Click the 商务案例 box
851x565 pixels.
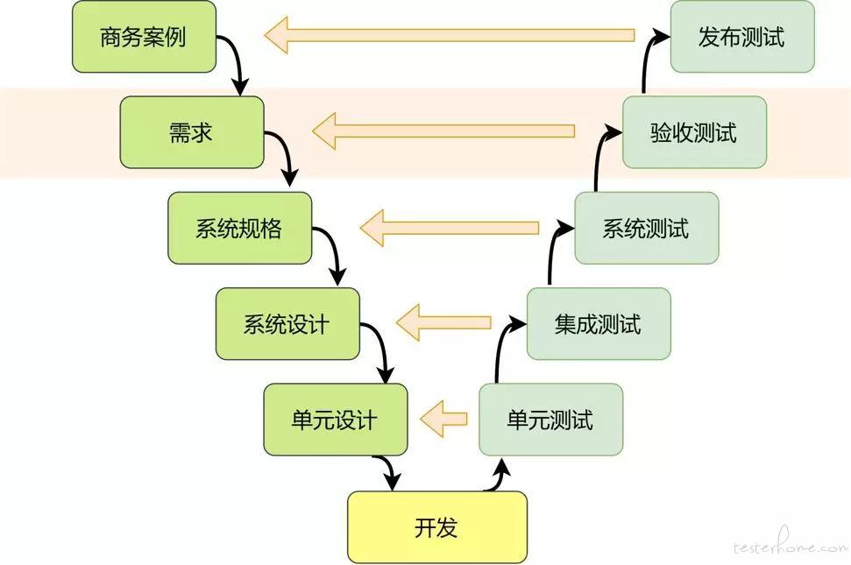[145, 37]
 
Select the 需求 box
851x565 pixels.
[192, 132]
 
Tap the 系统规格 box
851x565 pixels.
[240, 229]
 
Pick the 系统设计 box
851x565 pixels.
[287, 324]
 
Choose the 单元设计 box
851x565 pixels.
[336, 420]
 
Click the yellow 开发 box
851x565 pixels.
[437, 527]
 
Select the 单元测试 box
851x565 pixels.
[551, 420]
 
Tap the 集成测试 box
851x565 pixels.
[599, 324]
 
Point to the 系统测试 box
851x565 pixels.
[647, 229]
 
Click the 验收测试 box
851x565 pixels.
[695, 132]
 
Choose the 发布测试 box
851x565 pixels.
[742, 37]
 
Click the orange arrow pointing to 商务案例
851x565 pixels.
[450, 35]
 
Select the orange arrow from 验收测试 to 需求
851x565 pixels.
[443, 131]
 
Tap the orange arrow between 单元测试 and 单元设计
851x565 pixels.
[443, 419]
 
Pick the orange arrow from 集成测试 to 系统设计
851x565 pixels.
[443, 322]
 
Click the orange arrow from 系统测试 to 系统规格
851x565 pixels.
[450, 228]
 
